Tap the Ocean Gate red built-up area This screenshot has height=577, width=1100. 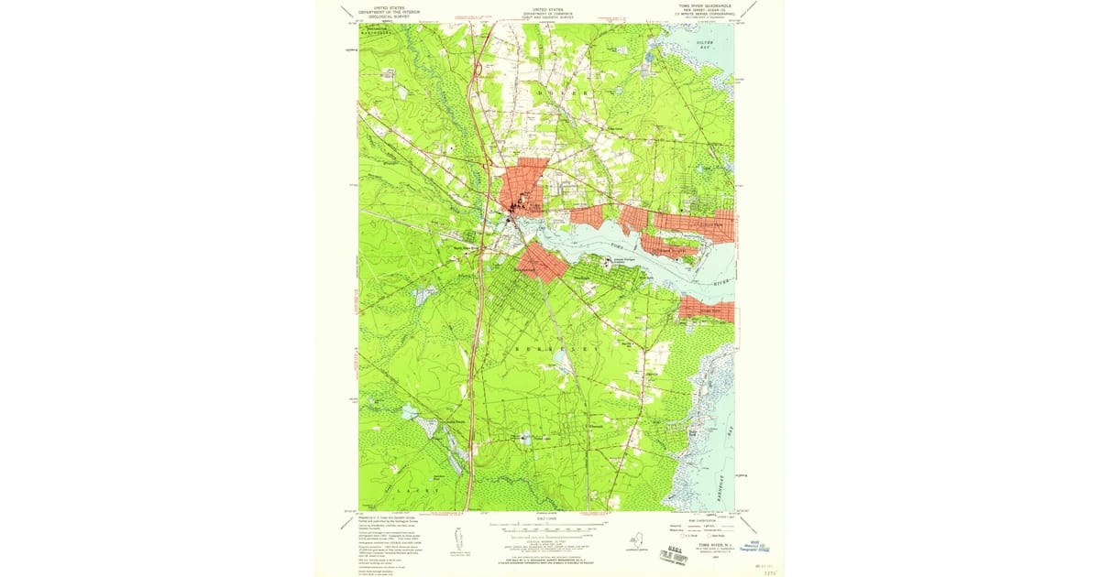[707, 309]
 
